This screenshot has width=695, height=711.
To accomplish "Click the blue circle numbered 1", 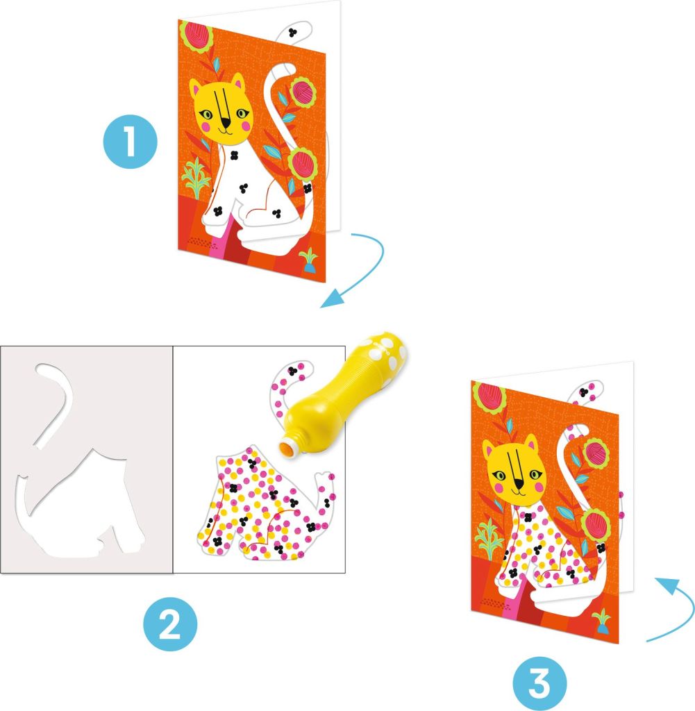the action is [x=131, y=142].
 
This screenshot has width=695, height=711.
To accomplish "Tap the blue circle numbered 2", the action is [x=170, y=624].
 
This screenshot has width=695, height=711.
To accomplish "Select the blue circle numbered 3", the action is [x=539, y=684].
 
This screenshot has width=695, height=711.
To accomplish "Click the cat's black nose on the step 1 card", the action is [x=226, y=122].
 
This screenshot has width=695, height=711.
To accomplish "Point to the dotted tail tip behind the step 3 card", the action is [x=589, y=391].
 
